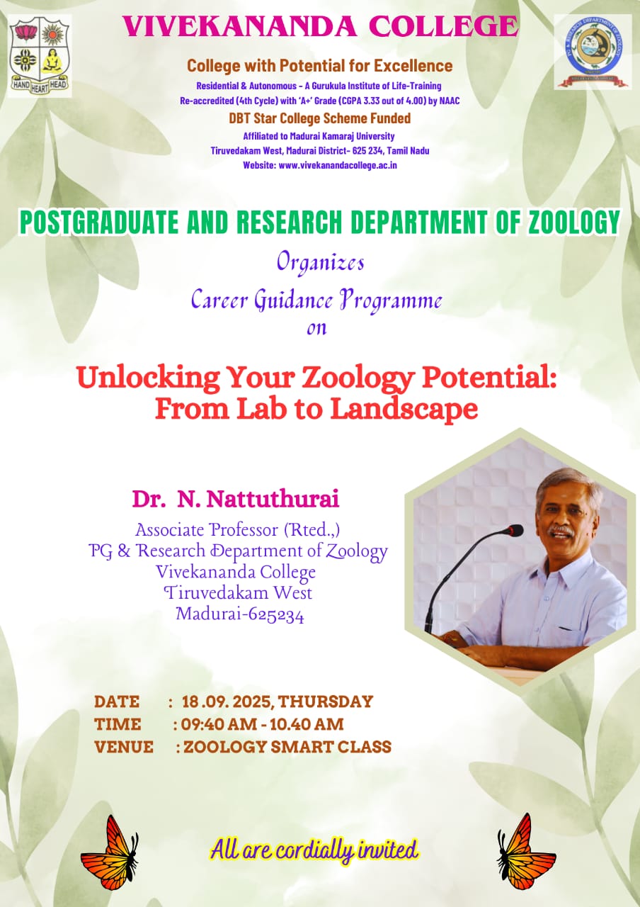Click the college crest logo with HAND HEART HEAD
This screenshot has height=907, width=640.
point(40,56)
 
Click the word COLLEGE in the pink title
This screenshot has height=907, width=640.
point(443,27)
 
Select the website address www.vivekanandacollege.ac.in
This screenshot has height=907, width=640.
point(338,165)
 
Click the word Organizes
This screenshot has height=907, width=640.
point(321,263)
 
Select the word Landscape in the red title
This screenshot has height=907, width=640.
point(404,410)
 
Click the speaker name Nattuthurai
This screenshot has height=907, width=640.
point(273,500)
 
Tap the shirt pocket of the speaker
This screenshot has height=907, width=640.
point(571,631)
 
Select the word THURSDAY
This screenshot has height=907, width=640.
point(326,702)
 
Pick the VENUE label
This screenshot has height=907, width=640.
point(124,747)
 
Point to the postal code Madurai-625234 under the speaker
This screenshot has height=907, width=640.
point(240,615)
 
